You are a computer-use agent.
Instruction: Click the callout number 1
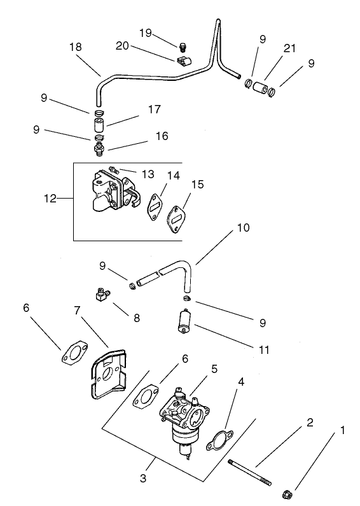[344, 431]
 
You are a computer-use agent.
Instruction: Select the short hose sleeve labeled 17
[99, 125]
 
